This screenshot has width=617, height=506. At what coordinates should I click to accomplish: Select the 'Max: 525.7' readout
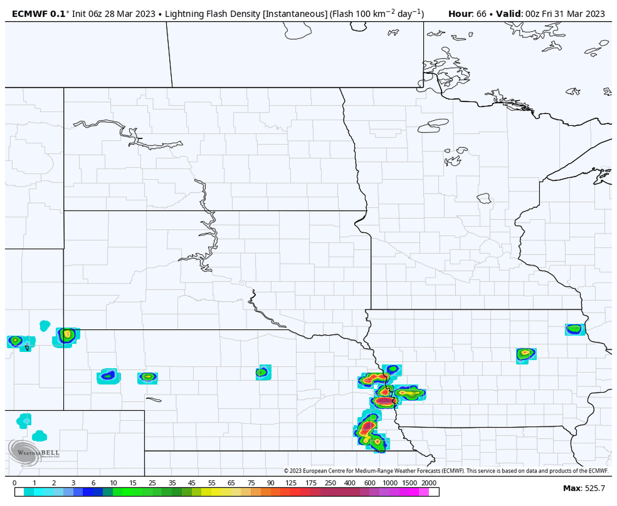584,488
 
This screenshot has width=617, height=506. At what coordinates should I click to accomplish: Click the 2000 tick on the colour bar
429,483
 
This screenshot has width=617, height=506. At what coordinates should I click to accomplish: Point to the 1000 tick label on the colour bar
390,483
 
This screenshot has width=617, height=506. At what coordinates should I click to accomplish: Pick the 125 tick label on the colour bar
291,483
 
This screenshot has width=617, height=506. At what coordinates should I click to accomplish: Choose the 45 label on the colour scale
192,483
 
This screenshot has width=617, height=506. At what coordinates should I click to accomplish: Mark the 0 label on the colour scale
14,483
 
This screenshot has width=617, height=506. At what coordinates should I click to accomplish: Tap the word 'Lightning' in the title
188,14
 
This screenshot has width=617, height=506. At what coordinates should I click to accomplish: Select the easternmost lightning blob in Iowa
574,329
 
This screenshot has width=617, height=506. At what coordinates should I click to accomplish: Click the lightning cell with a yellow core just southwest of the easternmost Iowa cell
525,353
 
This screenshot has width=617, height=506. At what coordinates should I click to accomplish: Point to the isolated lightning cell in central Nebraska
263,372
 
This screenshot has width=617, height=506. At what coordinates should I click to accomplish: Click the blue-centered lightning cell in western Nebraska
108,376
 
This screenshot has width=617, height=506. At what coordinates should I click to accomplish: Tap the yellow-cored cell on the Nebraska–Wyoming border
66,335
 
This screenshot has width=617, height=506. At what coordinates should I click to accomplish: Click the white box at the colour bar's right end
434,492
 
